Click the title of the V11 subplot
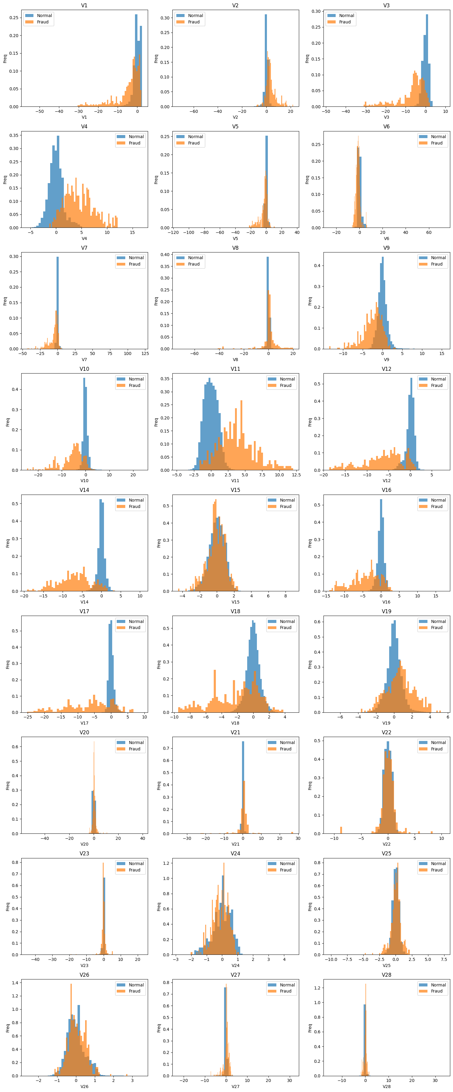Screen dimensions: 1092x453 coord(235,369)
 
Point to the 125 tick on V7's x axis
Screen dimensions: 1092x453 coord(145,353)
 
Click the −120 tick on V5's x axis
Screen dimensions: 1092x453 coord(173,232)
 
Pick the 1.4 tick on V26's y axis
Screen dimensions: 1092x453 coord(15,982)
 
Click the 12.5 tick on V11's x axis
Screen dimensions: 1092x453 coord(296,475)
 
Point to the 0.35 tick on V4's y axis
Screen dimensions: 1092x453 coord(14,135)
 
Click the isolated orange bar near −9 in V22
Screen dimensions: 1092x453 coord(341,830)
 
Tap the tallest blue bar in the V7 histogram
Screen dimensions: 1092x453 coord(58,305)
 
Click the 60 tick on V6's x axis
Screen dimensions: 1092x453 coord(429,232)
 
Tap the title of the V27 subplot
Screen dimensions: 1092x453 coord(235,975)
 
